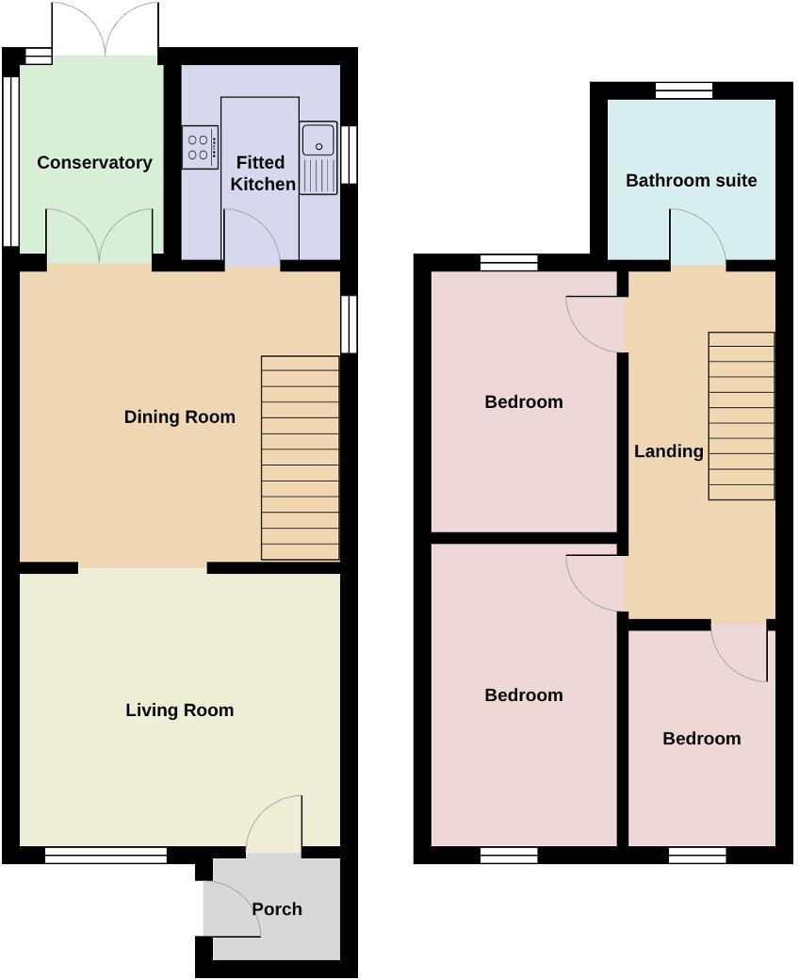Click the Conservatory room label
pos(94,162)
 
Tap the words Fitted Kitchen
pos(262,173)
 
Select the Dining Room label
pos(180,416)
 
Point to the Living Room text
pos(180,710)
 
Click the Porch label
pos(277,908)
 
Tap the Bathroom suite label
pos(691,181)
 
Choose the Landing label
pos(668,451)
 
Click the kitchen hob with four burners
pos(201,147)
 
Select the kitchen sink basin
pos(318,139)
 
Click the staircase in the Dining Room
pos(301,458)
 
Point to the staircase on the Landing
pos(742,416)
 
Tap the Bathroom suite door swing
pos(698,237)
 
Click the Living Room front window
pos(106,855)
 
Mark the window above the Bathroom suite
pos(684,91)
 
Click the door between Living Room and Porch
pos(274,824)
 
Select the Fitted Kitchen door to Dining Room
pos(253,237)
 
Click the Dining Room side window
pos(350,325)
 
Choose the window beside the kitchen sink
pos(350,155)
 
